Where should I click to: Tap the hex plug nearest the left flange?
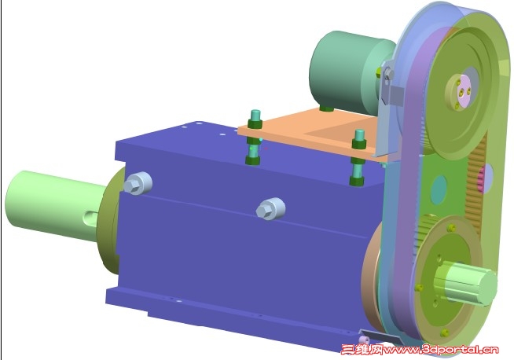(138, 183)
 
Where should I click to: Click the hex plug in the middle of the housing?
(271, 209)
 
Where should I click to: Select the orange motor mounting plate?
(314, 133)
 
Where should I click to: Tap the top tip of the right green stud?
(360, 131)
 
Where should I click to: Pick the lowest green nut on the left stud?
(253, 160)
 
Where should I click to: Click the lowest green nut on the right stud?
(357, 181)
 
